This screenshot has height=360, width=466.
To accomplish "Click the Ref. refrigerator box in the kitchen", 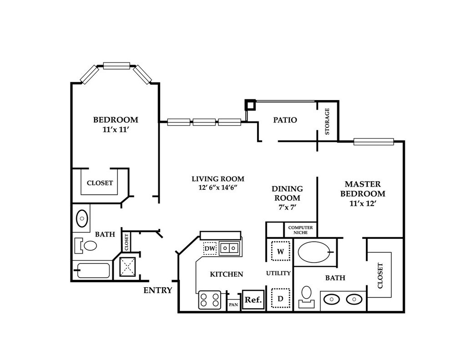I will point(253,300).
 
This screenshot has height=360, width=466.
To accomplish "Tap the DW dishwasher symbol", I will point(209,249).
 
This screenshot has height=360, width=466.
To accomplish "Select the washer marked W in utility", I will point(280,251).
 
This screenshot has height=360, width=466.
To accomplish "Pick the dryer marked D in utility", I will point(280,299).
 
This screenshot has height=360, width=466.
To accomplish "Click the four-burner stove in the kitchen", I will point(209,300).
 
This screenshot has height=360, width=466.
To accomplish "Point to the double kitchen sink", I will point(229,248).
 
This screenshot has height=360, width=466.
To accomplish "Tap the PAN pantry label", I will point(233,304).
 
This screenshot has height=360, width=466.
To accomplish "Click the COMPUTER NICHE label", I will point(300,230).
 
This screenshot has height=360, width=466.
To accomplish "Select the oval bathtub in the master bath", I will point(314,251).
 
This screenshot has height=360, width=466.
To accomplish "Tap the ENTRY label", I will point(158,290).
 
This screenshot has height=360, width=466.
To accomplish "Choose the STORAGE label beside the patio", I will point(327,122).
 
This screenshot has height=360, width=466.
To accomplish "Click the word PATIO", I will point(285,120).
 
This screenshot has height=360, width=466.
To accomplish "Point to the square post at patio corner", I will point(250,105).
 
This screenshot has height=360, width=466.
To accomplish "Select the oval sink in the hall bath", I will point(82,218).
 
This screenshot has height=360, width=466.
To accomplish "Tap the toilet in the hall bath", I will point(87,246).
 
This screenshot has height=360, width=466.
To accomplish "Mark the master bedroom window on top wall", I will point(373,142).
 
